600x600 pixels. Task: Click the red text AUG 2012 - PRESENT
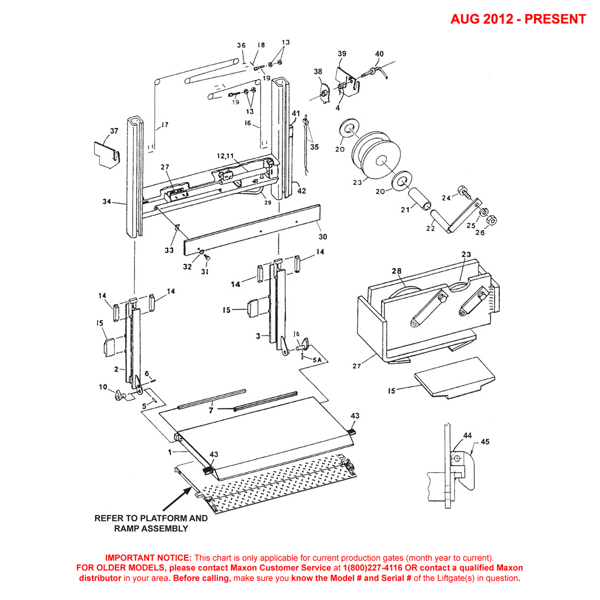517,19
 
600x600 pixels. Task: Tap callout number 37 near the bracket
114,131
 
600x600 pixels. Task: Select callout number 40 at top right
379,54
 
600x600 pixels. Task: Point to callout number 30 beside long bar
323,236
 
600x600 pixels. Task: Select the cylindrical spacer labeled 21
419,199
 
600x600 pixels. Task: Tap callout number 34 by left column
107,202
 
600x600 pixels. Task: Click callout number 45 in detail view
485,442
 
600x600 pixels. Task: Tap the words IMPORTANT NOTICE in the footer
148,557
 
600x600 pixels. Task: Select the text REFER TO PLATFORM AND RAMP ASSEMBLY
151,523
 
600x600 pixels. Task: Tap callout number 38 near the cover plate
318,71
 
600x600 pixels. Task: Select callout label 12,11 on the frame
226,155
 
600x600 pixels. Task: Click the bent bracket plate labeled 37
106,155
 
